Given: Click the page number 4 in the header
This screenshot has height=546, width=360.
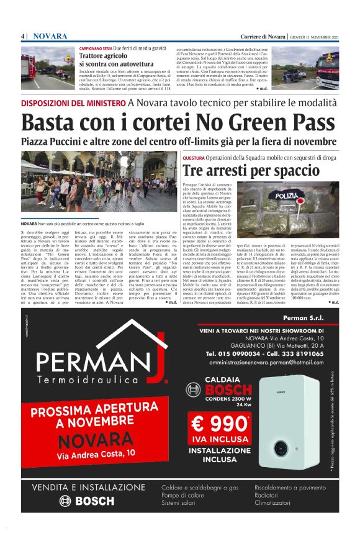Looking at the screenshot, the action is coord(23,37).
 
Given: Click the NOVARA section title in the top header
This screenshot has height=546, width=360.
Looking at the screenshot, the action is coord(50,37).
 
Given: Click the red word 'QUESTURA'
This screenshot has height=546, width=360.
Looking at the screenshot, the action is coord(194,157).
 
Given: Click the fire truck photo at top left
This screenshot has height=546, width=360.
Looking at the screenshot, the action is coord(48,66).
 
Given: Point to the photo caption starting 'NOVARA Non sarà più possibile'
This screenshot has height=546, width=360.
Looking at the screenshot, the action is coord(91,222).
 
